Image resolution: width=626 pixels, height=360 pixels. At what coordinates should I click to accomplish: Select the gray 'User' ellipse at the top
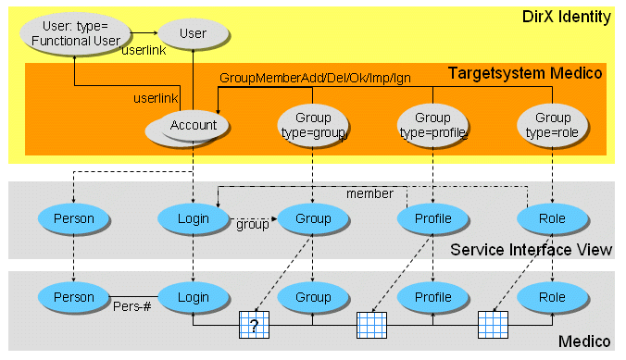[193, 33]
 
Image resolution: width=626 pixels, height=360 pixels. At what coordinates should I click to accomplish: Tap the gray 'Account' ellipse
[193, 126]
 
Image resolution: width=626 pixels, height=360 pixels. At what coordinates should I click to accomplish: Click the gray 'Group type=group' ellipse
[313, 125]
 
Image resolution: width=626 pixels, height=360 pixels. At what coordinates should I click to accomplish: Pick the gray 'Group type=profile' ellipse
[432, 125]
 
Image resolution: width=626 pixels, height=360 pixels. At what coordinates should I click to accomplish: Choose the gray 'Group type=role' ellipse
[553, 125]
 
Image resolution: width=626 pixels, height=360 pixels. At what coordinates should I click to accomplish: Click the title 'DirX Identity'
[567, 16]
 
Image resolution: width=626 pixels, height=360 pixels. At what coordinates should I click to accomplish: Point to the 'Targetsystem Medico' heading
[525, 72]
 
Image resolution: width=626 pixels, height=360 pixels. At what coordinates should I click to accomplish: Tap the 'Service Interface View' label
[531, 250]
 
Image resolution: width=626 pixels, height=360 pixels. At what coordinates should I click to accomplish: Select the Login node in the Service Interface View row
[193, 219]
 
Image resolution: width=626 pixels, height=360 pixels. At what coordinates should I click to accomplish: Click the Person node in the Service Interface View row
[73, 219]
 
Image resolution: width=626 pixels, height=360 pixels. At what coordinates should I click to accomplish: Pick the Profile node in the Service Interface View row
[432, 219]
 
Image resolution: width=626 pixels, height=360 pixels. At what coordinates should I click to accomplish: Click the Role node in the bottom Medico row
[553, 297]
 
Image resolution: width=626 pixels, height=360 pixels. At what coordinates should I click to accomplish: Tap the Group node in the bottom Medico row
[313, 297]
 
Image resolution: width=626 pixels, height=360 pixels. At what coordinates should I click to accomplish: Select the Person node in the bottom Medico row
[73, 297]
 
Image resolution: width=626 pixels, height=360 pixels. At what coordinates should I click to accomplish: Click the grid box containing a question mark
[252, 327]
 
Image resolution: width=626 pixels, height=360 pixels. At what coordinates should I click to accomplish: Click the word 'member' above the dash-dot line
[369, 194]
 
